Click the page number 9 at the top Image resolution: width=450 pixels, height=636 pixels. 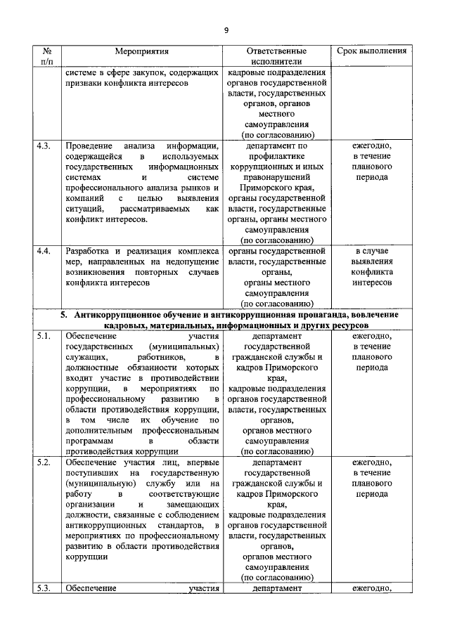[226, 30]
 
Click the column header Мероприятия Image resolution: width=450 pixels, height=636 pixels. [142, 51]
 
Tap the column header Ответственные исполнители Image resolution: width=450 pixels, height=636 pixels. [276, 57]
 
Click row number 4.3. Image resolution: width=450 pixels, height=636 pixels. [44, 146]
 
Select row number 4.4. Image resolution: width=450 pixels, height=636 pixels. [44, 251]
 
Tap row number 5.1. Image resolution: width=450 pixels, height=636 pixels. [44, 335]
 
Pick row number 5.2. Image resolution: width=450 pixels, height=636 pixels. [44, 462]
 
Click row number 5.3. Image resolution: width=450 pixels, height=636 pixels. [44, 589]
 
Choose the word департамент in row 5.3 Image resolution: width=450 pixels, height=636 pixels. [276, 589]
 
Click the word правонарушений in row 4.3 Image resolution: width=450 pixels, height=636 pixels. [276, 178]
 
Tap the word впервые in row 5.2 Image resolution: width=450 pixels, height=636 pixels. [203, 462]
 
